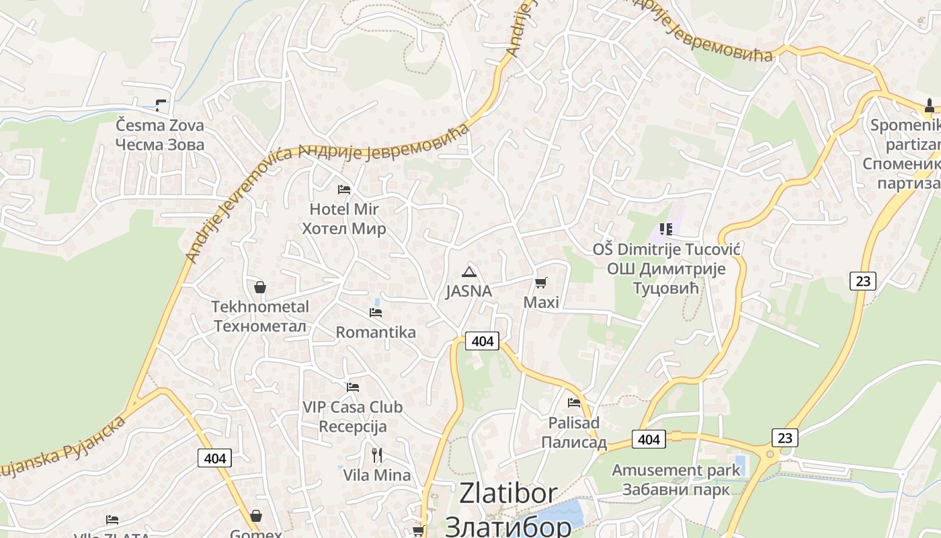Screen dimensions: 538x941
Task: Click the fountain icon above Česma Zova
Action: pyautogui.click(x=160, y=105)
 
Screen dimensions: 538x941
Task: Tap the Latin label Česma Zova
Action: pyautogui.click(x=160, y=125)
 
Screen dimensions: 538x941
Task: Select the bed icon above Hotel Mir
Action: pyautogui.click(x=344, y=189)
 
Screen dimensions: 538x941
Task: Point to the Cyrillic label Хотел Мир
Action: pyautogui.click(x=344, y=229)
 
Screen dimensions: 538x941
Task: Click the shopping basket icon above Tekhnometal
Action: pyautogui.click(x=260, y=287)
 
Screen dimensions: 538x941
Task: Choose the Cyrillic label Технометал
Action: pyautogui.click(x=260, y=327)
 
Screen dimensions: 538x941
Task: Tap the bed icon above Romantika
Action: pyautogui.click(x=376, y=312)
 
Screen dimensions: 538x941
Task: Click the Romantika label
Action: pyautogui.click(x=376, y=332)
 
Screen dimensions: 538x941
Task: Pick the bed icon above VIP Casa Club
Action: pyautogui.click(x=353, y=387)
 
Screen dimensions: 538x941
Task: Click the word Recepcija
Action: pyautogui.click(x=353, y=426)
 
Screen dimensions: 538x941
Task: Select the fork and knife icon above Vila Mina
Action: pyautogui.click(x=377, y=455)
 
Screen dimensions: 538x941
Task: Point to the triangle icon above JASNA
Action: pyautogui.click(x=469, y=272)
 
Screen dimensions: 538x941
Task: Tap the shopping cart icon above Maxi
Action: pyautogui.click(x=541, y=282)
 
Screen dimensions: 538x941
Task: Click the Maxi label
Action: pyautogui.click(x=541, y=303)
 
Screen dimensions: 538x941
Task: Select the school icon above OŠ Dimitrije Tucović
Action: pyautogui.click(x=666, y=229)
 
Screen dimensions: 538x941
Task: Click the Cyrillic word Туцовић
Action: pyautogui.click(x=666, y=289)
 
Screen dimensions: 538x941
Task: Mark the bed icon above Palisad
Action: pyautogui.click(x=574, y=403)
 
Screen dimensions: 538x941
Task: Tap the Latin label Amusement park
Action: pyautogui.click(x=676, y=470)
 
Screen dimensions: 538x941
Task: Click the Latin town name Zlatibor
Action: pyautogui.click(x=508, y=494)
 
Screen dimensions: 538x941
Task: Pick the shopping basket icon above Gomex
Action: pyautogui.click(x=256, y=516)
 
